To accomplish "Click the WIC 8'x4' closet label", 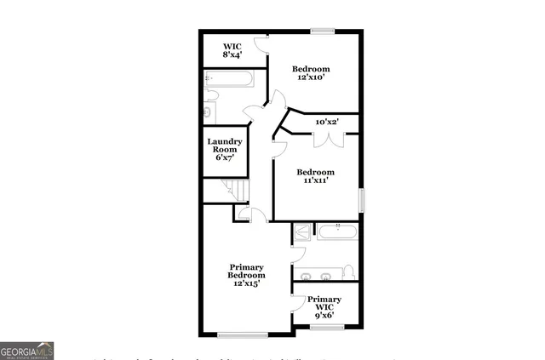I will pos(233,50).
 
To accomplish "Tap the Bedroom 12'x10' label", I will pos(312,73).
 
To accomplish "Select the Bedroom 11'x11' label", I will pos(315,176).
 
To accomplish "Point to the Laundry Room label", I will pos(225,150).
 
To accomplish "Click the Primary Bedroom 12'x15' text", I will pos(246,275).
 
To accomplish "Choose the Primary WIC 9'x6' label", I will pos(324,307).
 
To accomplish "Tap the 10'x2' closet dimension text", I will pos(328,123).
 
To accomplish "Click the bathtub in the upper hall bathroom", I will pos(228,80).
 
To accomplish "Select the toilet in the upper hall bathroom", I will pos(209,110).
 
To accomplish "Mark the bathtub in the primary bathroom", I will pos(339,230).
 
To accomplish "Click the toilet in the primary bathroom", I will pos(347,272).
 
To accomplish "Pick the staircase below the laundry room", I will pos(231,191).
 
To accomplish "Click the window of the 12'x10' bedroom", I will pos(322,31).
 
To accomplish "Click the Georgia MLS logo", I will pos(27,350).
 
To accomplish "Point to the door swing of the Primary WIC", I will pos(297,303).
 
